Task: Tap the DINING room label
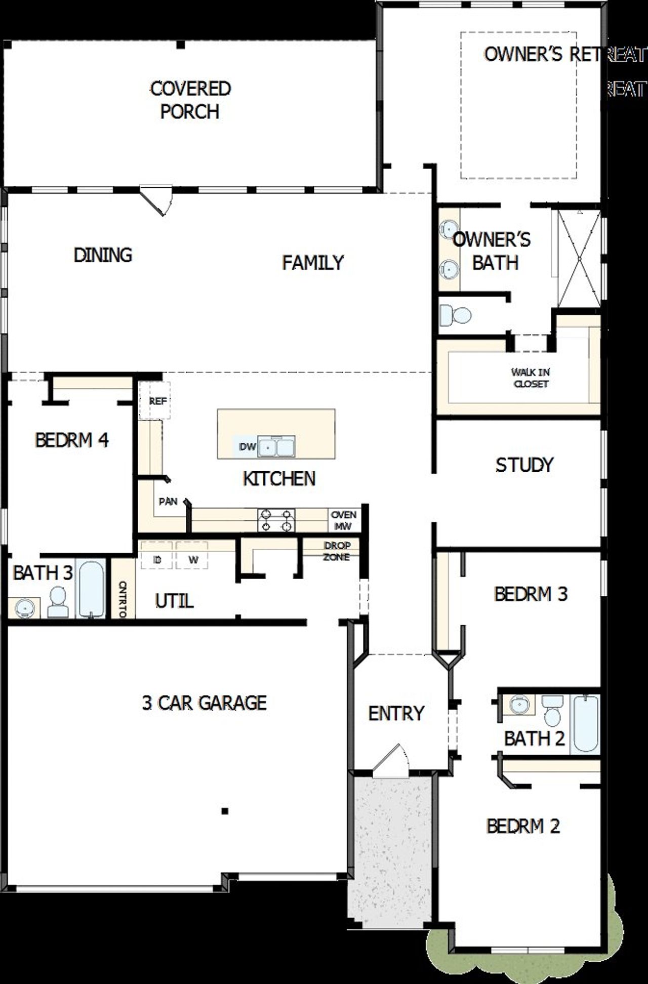coord(103,255)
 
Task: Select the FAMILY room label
coord(312,262)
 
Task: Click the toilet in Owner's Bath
coord(455,315)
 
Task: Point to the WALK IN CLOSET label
coord(530,378)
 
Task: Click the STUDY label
coord(524,465)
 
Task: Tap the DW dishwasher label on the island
coord(247,447)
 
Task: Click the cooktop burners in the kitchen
coord(276,520)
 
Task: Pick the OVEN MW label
coord(344,520)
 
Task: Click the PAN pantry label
coord(168,501)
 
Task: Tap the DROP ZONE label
coord(337,551)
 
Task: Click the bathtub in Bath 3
coord(91,589)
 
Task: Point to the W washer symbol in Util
coord(193,560)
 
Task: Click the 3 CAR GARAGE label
coord(204,703)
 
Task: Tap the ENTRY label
coord(396,713)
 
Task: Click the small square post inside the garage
coord(225,811)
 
